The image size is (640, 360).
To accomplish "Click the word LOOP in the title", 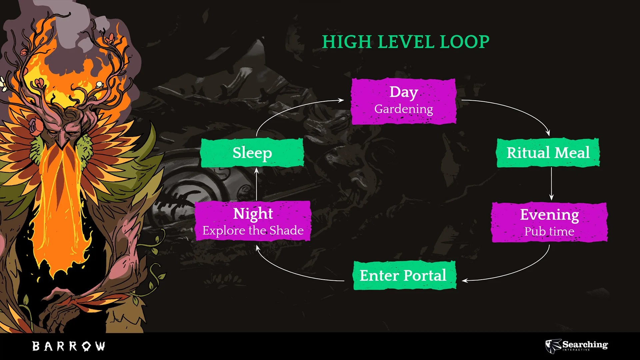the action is (464, 42).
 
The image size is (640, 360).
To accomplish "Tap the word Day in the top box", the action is (404, 92).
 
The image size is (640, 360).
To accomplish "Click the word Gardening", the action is (404, 109).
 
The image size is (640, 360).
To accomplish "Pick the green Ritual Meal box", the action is (548, 153).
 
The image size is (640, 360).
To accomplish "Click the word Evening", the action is (549, 214).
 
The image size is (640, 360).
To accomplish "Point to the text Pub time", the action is (549, 231).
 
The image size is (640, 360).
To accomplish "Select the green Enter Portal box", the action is (404, 275).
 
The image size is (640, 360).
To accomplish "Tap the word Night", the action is (253, 213).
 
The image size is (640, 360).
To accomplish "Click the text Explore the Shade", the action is (253, 230).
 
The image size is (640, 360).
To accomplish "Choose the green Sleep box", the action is (252, 153).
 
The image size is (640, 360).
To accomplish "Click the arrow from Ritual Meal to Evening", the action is (551, 183).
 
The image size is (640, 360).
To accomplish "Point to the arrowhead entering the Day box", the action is (341, 100).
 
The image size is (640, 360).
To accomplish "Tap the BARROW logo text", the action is (69, 346).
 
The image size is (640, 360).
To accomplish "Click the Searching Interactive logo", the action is (577, 345).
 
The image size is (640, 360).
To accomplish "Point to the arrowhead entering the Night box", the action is (257, 248).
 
